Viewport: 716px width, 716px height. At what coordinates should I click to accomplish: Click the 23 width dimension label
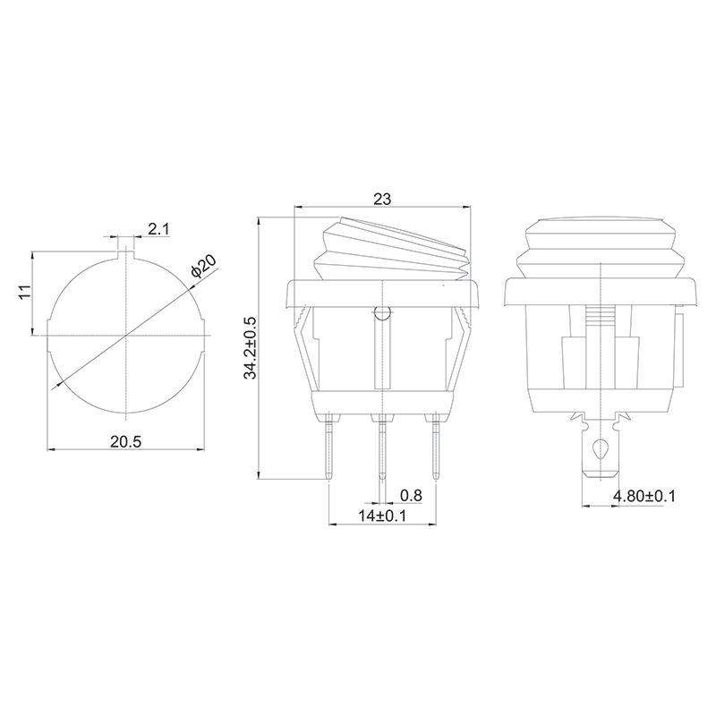pyautogui.click(x=382, y=199)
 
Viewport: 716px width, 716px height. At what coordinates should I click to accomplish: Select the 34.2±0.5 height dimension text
pyautogui.click(x=251, y=348)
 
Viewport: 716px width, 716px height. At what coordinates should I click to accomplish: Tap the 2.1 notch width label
pyautogui.click(x=158, y=229)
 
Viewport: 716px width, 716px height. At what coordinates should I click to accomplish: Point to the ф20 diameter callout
pyautogui.click(x=204, y=266)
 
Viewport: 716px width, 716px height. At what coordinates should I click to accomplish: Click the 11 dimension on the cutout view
pyautogui.click(x=25, y=292)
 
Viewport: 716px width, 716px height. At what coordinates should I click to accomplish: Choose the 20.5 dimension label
pyautogui.click(x=126, y=441)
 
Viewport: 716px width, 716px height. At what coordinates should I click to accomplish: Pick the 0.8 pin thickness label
pyautogui.click(x=411, y=495)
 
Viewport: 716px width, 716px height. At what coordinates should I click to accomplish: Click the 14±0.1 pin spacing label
pyautogui.click(x=382, y=516)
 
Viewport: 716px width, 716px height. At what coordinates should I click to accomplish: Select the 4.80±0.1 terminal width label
pyautogui.click(x=644, y=496)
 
